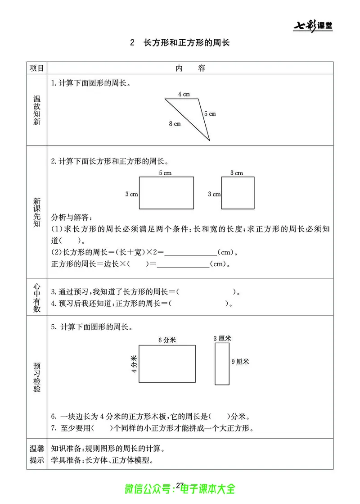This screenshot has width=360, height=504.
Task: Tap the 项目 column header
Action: (x=37, y=68)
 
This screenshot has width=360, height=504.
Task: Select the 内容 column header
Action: (x=190, y=68)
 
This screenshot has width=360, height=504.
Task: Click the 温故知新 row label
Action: (x=37, y=110)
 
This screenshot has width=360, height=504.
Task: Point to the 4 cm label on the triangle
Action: (x=184, y=94)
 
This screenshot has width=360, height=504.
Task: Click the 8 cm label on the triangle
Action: (x=175, y=123)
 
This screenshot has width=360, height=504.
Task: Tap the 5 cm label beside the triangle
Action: (x=210, y=114)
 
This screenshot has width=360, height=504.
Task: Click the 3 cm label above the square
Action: (x=237, y=173)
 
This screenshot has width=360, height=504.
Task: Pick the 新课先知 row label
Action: (x=37, y=212)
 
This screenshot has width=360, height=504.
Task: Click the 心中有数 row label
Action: (x=37, y=297)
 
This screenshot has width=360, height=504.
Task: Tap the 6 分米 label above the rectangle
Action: (x=167, y=340)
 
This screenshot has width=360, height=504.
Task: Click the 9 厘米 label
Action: (x=239, y=361)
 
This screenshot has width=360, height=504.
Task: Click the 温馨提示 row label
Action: (x=37, y=454)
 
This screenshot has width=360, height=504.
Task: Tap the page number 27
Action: (x=180, y=485)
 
